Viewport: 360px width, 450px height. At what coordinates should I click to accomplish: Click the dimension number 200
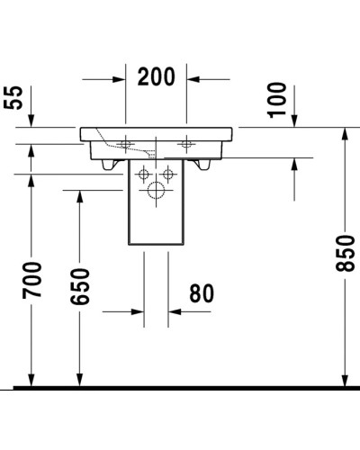click(157, 78)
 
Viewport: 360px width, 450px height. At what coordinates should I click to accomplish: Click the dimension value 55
click(13, 97)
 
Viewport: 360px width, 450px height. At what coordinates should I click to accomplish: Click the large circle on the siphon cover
click(157, 190)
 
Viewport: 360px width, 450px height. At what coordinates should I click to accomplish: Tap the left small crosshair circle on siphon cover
click(146, 174)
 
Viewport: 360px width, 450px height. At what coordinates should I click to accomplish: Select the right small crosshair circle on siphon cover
click(166, 174)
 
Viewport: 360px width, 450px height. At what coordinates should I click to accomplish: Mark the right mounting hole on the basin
click(187, 142)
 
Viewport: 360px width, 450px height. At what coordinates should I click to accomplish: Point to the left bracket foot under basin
click(112, 165)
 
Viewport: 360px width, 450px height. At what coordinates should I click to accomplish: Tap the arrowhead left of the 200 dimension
click(117, 79)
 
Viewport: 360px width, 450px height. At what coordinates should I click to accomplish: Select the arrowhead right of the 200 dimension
click(195, 79)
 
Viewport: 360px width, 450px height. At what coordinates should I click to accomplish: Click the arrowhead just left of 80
click(139, 312)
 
